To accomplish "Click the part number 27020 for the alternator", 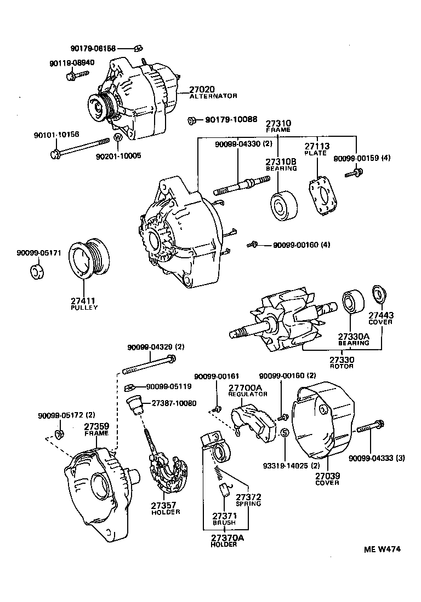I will pos(202,89).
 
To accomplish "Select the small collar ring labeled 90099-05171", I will pos(36,271).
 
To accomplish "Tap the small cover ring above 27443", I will pos(378,293).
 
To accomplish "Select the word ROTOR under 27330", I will pos(342,367).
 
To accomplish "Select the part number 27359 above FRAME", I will pos(96,426).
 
